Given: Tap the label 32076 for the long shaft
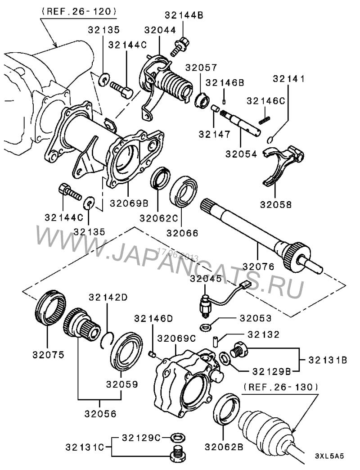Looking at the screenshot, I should tap(259, 266).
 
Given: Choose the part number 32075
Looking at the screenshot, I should tap(48, 354).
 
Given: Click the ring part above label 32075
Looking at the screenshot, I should tap(50, 311).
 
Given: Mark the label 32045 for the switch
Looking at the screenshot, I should tap(205, 279).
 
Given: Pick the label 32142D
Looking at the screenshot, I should tap(108, 297).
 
